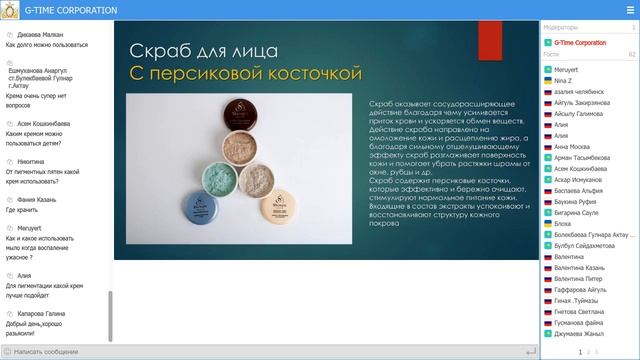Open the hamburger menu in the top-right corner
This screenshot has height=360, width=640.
629,9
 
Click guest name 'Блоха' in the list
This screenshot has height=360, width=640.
563,225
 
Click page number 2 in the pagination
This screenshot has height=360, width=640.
589,352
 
